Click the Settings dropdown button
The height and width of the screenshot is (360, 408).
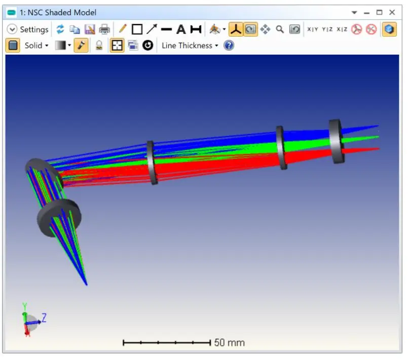(28, 29)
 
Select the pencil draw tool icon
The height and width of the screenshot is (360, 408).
(122, 29)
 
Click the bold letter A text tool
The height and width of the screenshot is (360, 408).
(181, 29)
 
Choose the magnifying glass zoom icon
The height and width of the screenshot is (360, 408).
(280, 29)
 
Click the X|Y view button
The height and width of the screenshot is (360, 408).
(313, 29)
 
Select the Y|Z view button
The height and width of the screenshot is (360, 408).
(327, 29)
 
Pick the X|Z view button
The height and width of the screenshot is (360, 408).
(342, 29)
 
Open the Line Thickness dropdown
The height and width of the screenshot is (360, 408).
(190, 46)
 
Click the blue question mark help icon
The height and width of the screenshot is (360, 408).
(229, 46)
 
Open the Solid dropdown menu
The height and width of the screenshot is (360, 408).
(36, 46)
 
